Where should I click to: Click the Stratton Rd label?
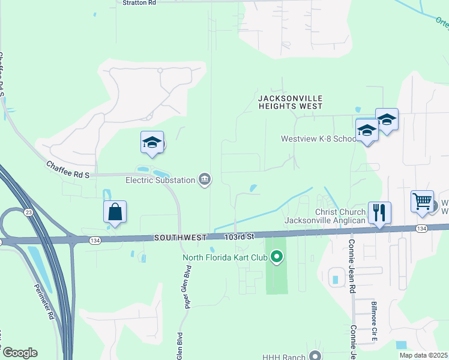[x=139, y=3]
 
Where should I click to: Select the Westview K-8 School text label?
[x=319, y=139]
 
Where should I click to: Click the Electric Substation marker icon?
[x=205, y=179]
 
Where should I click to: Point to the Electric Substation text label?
[x=160, y=179]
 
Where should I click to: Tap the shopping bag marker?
[x=115, y=212]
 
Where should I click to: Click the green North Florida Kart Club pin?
[x=277, y=258]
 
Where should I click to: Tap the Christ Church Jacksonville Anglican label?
[x=325, y=216]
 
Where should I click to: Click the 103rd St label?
[x=240, y=238]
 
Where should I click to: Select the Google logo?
[x=19, y=353]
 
